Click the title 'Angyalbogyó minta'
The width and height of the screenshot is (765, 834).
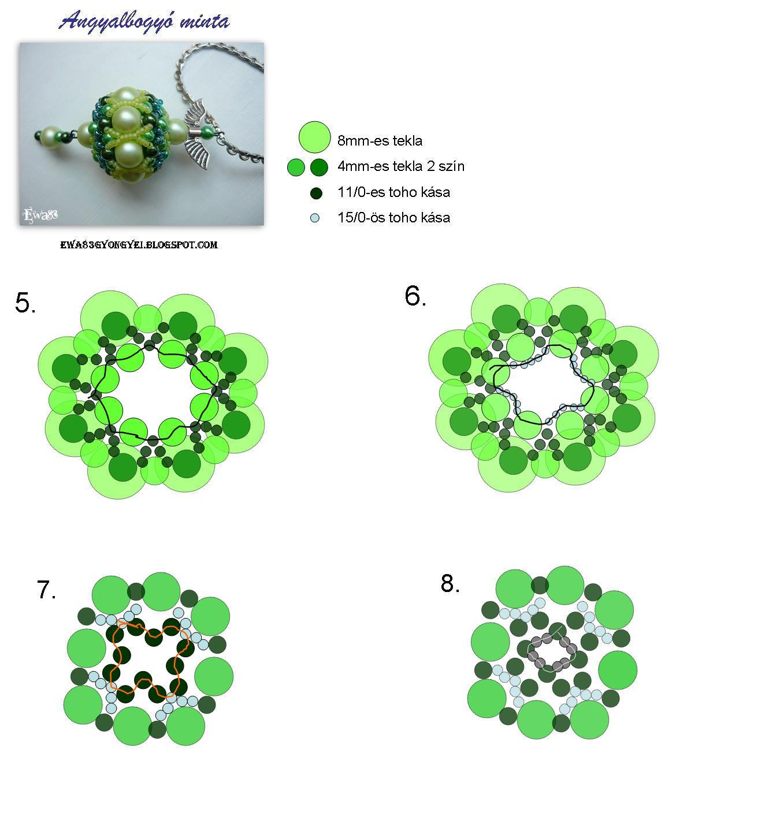coord(144,21)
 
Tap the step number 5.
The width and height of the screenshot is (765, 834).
coord(25,302)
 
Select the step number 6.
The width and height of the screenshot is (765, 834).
coord(415,296)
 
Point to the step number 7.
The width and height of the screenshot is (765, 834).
coord(46,590)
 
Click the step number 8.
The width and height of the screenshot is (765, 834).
coord(450,583)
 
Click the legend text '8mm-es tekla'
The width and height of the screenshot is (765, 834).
coord(380,140)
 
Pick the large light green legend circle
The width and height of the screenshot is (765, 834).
coord(314,137)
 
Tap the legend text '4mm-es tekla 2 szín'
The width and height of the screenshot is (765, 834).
coord(401,166)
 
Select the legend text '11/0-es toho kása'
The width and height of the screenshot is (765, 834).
coord(393,192)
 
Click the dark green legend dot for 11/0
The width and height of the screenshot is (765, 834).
coord(317,193)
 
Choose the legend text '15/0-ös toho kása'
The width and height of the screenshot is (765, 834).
coord(393,217)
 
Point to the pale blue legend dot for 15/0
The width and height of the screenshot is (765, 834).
coord(315,218)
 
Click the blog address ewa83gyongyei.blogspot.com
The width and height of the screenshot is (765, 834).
coord(139,245)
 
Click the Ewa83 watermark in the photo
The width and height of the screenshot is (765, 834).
coord(40,215)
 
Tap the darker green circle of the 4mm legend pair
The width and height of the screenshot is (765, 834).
coord(319,167)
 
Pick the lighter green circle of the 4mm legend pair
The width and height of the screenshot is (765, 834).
coord(296,167)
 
